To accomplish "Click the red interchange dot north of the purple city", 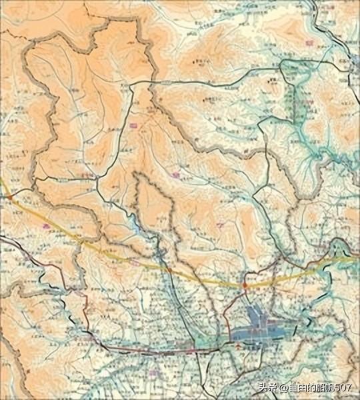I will [245, 285].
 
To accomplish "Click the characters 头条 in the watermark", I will [266, 386].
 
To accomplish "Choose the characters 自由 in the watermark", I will [297, 386].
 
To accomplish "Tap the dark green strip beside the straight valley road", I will [291, 107].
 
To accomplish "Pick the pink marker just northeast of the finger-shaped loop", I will [175, 175].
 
